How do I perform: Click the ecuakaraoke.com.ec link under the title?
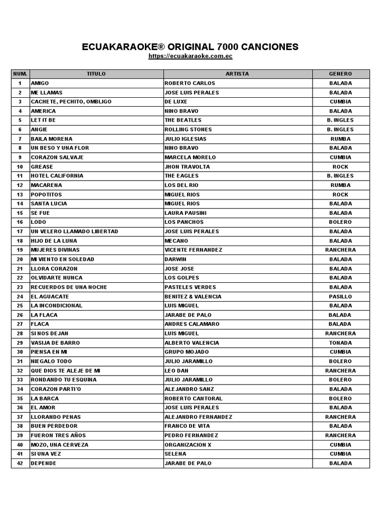tap(190, 57)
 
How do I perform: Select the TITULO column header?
tap(96, 74)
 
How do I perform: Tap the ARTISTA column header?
tap(238, 74)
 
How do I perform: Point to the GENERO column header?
tap(340, 74)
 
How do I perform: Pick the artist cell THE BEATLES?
tap(183, 120)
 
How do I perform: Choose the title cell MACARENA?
tap(47, 185)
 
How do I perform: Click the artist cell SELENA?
tap(176, 454)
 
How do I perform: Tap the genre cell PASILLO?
tap(340, 297)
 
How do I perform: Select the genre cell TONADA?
tap(340, 343)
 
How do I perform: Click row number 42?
tap(20, 463)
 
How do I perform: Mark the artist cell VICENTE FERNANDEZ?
tap(193, 250)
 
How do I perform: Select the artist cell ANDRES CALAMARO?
tap(191, 324)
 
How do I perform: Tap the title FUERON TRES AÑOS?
tap(58, 435)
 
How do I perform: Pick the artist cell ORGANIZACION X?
tap(188, 445)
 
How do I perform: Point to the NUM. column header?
tap(20, 74)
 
